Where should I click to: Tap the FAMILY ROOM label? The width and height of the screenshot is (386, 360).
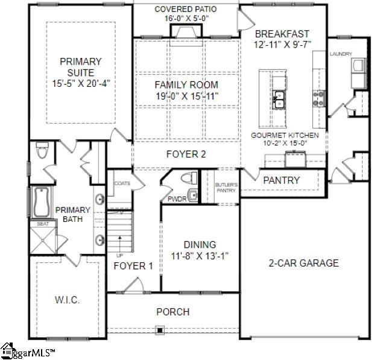pos(186,85)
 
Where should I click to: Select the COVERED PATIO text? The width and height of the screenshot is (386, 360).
pos(185,10)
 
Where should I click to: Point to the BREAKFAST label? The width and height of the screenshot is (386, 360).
pos(282,34)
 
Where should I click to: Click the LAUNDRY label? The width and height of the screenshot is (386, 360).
pos(340,54)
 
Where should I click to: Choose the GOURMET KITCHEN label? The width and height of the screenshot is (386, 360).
pos(285,135)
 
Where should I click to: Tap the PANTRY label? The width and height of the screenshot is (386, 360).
pos(282,180)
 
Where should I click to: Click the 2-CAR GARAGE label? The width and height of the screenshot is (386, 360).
pos(303,263)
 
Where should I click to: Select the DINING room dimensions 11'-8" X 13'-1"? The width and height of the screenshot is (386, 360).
pos(199,256)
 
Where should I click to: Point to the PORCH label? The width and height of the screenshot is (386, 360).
pos(172,312)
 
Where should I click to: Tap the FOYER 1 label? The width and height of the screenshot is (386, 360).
pos(133,266)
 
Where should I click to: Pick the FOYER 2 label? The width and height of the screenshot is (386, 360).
pos(186,154)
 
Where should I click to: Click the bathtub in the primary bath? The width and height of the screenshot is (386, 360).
pos(41,203)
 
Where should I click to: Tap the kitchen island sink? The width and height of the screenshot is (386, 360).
pos(279,99)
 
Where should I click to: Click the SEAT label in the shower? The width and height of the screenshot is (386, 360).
pos(43,223)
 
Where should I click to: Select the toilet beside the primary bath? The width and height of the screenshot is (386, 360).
pos(42,151)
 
